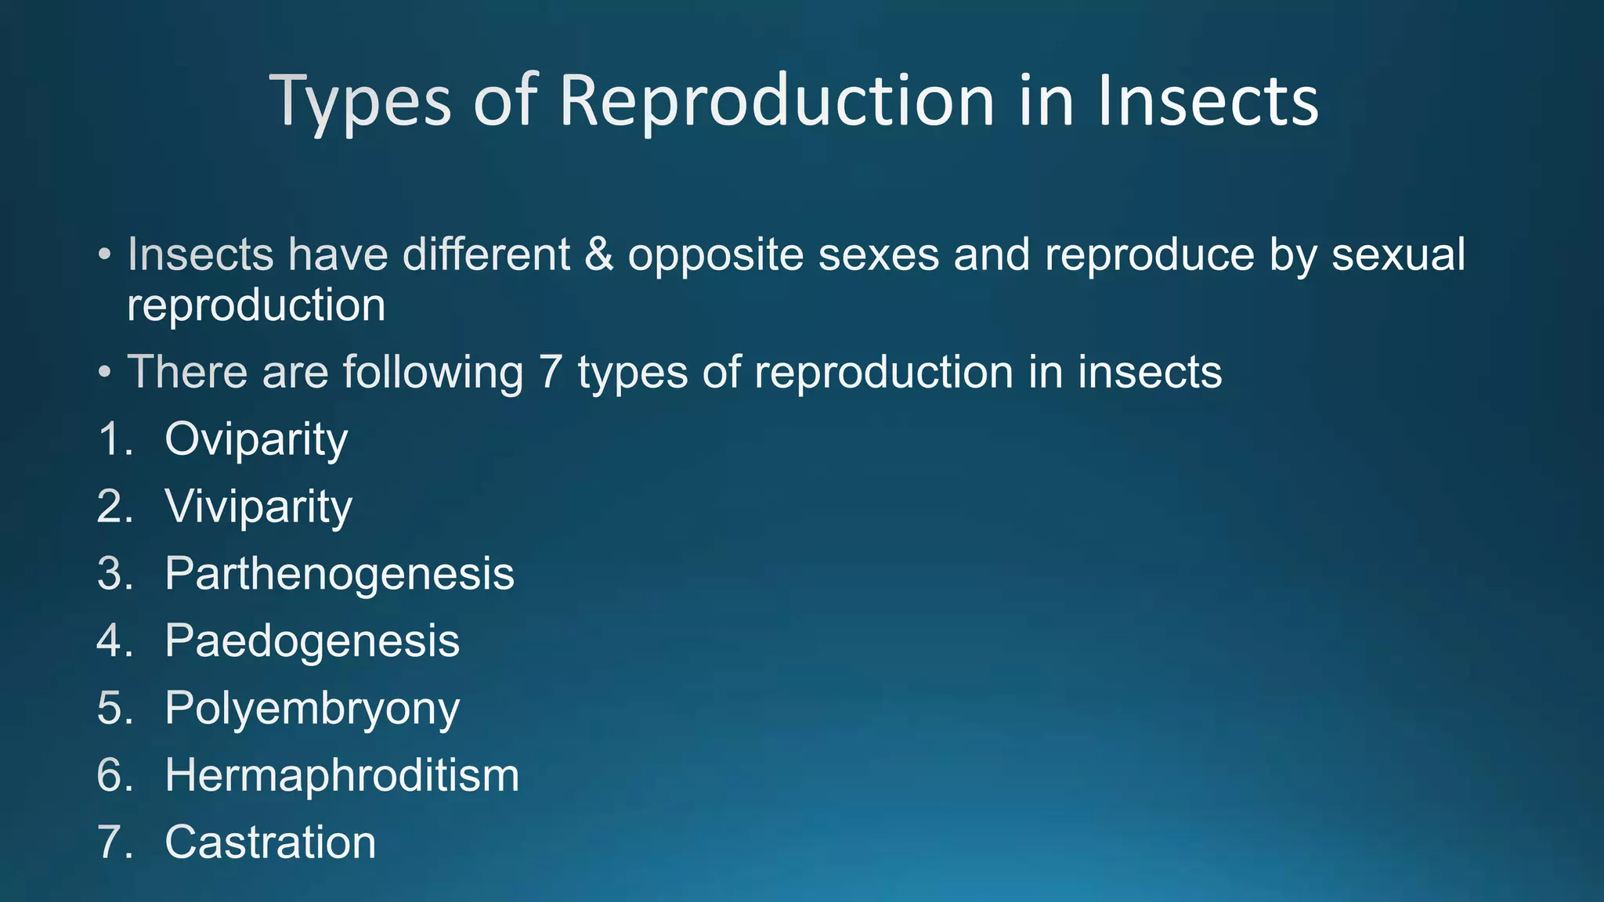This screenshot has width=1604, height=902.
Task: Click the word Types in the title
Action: pos(360,102)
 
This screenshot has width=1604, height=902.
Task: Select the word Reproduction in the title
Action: pos(775,102)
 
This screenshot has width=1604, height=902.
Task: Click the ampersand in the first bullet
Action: pos(598,254)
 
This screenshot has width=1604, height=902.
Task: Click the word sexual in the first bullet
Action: pos(1398,254)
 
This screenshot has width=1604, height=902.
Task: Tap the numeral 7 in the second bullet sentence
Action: pos(551,372)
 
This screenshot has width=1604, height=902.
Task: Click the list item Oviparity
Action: pos(256,440)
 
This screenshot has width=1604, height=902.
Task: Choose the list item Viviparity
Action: pos(258,507)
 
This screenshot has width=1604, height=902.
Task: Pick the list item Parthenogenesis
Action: pos(339,575)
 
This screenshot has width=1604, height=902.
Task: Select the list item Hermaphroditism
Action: pos(341,776)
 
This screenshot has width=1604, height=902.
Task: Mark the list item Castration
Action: pos(270,843)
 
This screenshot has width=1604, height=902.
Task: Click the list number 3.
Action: pos(112,574)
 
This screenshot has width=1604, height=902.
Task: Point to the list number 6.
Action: pos(112,776)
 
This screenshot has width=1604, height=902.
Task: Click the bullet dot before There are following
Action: pos(105,373)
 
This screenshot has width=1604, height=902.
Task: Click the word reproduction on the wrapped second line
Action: pos(256,306)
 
